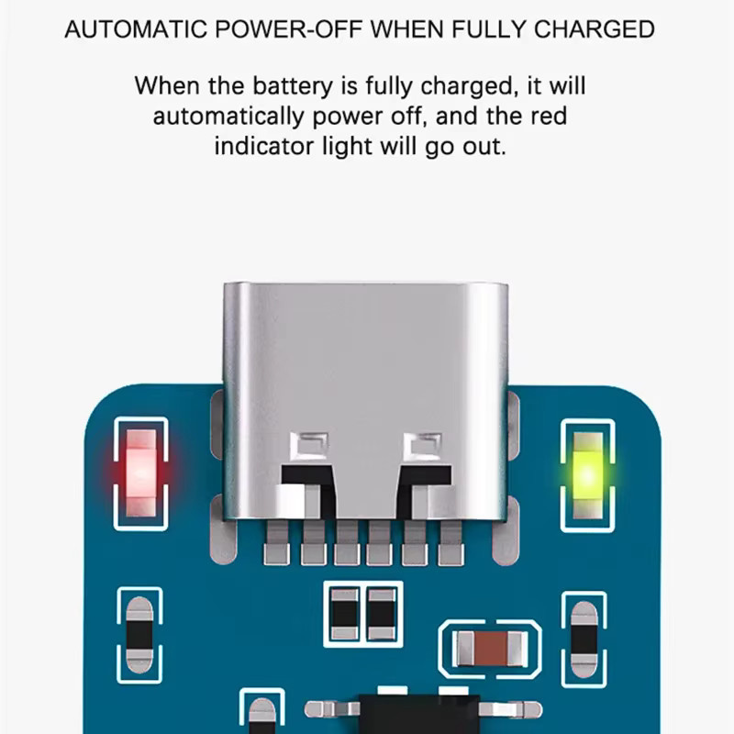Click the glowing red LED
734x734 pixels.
tap(141, 473)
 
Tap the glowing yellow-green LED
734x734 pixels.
tap(587, 475)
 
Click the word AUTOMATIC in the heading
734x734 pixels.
tap(136, 29)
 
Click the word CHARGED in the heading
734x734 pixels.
tap(594, 29)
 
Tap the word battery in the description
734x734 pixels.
tap(293, 86)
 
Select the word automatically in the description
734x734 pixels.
tap(228, 117)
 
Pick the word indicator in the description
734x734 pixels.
tap(264, 146)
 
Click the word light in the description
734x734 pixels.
tap(348, 147)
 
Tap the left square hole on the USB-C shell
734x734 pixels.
tap(309, 446)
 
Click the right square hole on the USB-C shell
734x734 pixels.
tap(422, 446)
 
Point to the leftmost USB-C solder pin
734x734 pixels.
tap(277, 543)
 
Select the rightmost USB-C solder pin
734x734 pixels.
tap(450, 543)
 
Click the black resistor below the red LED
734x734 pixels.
tap(139, 635)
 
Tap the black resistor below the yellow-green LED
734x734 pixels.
tap(584, 639)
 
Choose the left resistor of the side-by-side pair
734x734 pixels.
tap(345, 614)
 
